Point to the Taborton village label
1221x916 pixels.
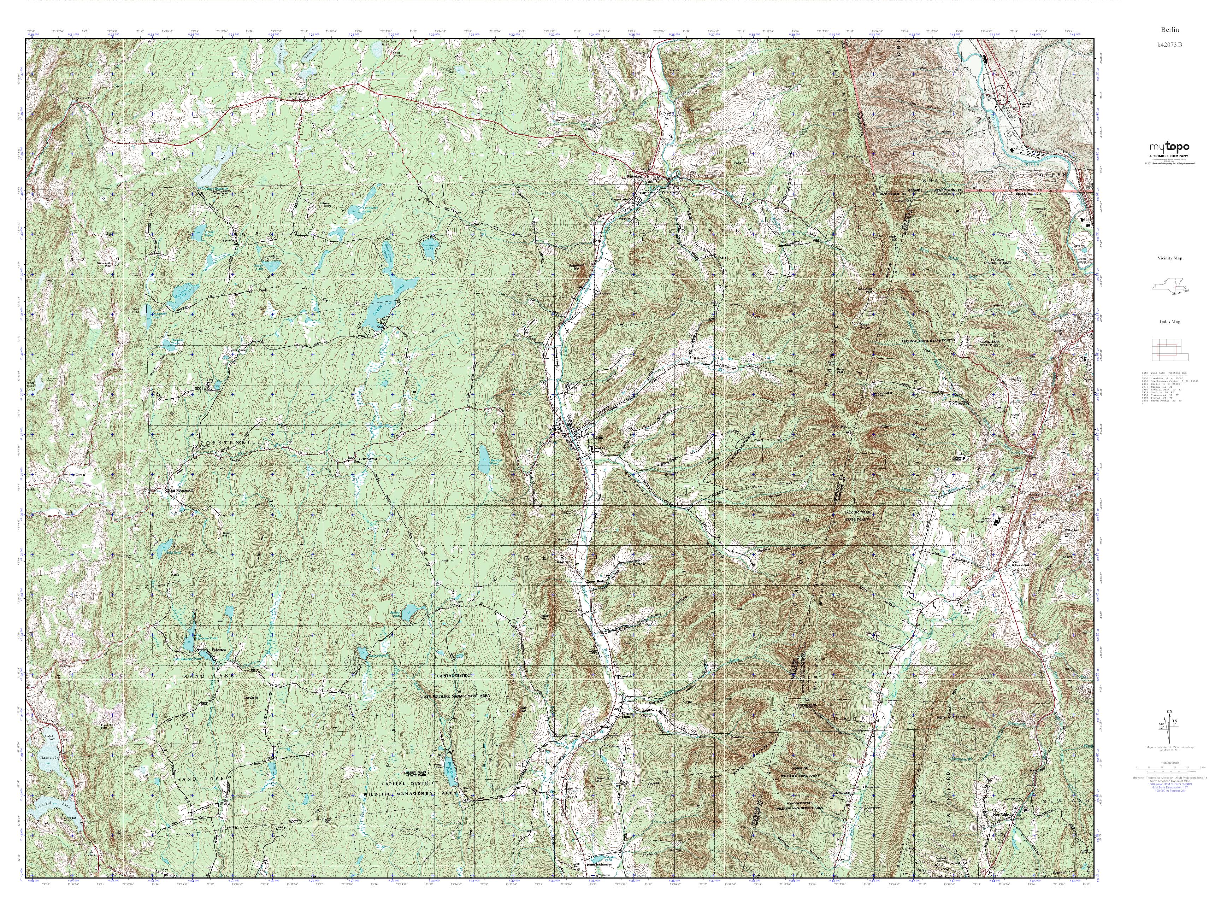(x=219, y=652)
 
